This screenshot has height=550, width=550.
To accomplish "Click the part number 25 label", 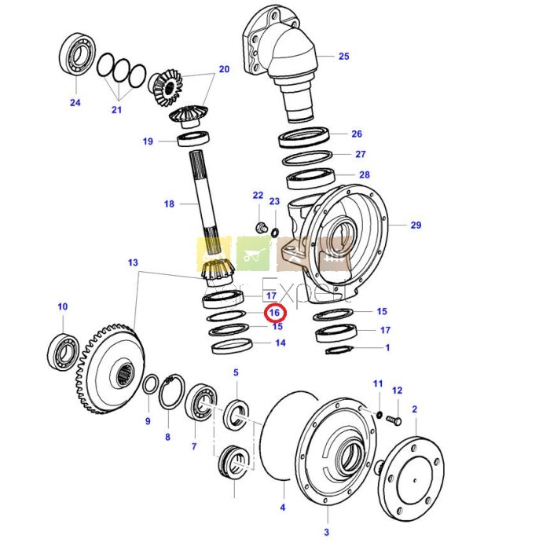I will click(343, 57).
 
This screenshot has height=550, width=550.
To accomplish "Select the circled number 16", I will click(274, 313).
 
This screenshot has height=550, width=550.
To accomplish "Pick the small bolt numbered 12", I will click(394, 422).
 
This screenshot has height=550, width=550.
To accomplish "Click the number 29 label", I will click(416, 225).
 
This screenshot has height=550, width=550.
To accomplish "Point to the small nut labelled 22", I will click(260, 226).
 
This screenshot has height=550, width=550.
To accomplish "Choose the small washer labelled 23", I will click(274, 233).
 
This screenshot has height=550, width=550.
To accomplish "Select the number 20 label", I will click(224, 69).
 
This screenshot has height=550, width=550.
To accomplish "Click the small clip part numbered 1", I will click(337, 350).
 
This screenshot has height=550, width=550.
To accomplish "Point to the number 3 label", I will click(327, 533).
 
